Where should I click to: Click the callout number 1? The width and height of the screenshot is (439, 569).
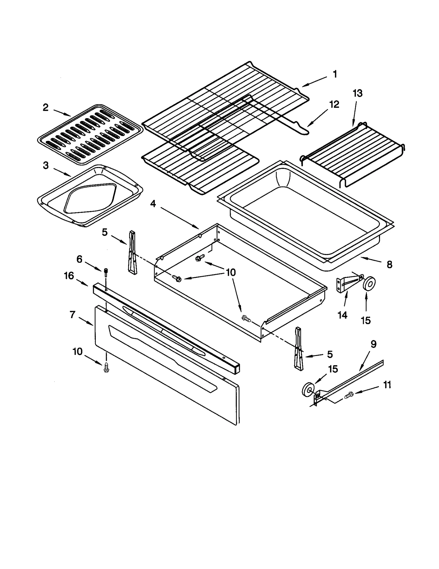(x=335, y=74)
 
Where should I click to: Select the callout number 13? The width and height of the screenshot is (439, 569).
(x=357, y=94)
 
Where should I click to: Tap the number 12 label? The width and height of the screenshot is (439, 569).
(x=334, y=104)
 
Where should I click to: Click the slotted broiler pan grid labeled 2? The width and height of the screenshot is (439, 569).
(x=90, y=134)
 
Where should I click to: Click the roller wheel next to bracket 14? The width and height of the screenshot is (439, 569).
(x=369, y=283)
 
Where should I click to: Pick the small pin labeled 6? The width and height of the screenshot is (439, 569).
(x=106, y=273)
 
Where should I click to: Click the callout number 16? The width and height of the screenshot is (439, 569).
(x=69, y=276)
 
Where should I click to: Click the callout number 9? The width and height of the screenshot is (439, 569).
(x=373, y=344)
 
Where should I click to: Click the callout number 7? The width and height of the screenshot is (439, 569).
(x=72, y=315)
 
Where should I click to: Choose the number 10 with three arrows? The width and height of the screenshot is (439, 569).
(x=231, y=272)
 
